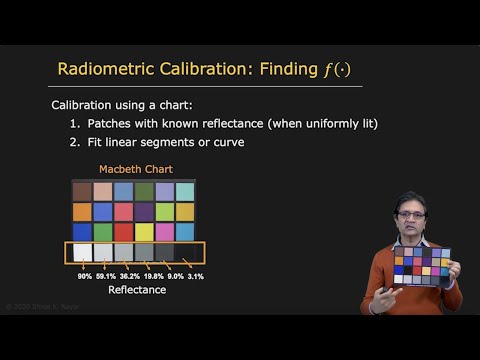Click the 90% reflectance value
[x=84, y=276]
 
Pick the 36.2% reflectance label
[x=130, y=276]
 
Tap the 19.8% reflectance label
[x=152, y=276]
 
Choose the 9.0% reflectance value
[x=174, y=276]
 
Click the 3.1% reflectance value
[x=195, y=276]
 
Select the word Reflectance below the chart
[x=136, y=290]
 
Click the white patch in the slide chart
[x=82, y=253]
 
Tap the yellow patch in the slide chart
[x=143, y=232]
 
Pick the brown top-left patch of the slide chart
[x=82, y=190]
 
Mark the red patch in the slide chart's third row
[x=123, y=232]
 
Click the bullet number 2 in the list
[x=74, y=142]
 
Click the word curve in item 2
[x=227, y=142]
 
